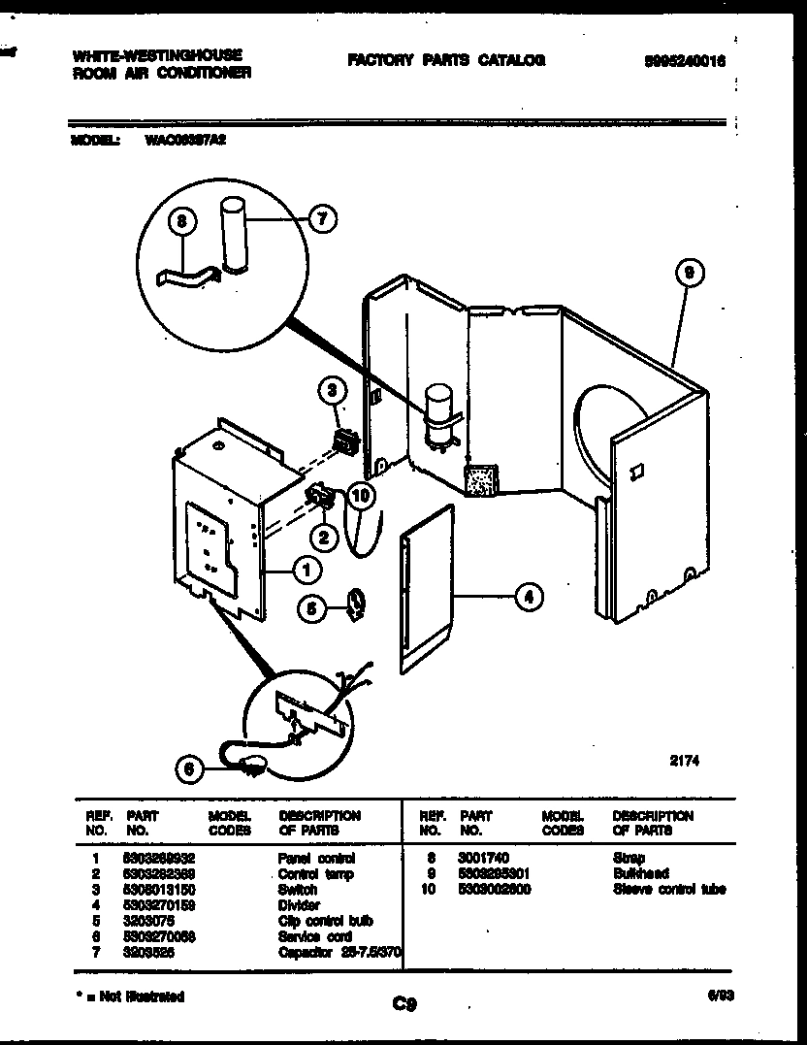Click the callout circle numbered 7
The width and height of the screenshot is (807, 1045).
322,219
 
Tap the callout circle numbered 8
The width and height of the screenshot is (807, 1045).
181,222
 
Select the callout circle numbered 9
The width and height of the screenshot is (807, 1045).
687,274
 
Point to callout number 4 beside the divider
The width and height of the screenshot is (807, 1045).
528,597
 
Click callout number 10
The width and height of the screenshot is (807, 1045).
360,495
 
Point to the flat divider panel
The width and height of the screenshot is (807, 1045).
425,592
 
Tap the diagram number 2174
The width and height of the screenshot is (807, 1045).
684,762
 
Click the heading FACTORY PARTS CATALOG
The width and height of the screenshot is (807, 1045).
446,60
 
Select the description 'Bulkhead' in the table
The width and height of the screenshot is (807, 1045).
640,873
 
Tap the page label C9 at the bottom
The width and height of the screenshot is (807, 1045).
404,1005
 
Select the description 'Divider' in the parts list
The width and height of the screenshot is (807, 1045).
299,905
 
